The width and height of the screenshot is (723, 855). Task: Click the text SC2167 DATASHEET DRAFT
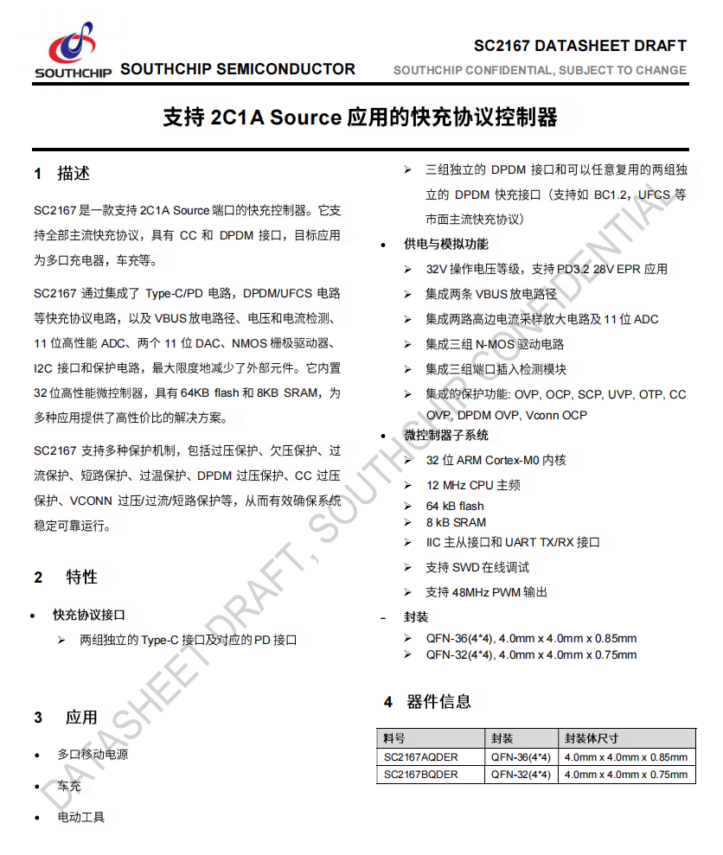pyautogui.click(x=580, y=46)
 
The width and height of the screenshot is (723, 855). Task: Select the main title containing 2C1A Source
pyautogui.click(x=361, y=118)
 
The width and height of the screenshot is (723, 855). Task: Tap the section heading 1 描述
pyautogui.click(x=62, y=174)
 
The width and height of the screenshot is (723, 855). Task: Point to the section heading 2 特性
pyautogui.click(x=66, y=577)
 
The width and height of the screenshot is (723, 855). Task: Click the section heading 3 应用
pyautogui.click(x=66, y=718)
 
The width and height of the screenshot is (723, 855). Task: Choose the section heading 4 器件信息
pyautogui.click(x=428, y=701)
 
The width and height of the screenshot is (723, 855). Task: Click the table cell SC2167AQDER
pyautogui.click(x=421, y=757)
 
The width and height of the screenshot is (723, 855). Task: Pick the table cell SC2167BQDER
pyautogui.click(x=421, y=775)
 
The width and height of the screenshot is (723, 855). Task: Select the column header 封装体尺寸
pyautogui.click(x=592, y=738)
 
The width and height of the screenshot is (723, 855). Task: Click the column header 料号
pyautogui.click(x=394, y=738)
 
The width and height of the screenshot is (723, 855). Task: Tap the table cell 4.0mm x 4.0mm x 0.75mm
pyautogui.click(x=625, y=775)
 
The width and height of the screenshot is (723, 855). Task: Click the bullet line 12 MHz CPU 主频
pyautogui.click(x=473, y=485)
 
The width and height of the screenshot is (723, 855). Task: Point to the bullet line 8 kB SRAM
pyautogui.click(x=456, y=522)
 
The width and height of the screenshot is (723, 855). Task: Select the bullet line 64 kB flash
pyautogui.click(x=455, y=506)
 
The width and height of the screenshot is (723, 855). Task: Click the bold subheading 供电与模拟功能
pyautogui.click(x=445, y=245)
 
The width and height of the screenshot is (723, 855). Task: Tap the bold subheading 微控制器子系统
pyautogui.click(x=445, y=435)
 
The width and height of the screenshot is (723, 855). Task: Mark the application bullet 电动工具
pyautogui.click(x=80, y=817)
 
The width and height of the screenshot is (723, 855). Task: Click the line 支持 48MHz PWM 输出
pyautogui.click(x=486, y=592)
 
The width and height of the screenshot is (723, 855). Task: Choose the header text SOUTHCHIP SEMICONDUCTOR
pyautogui.click(x=238, y=69)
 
